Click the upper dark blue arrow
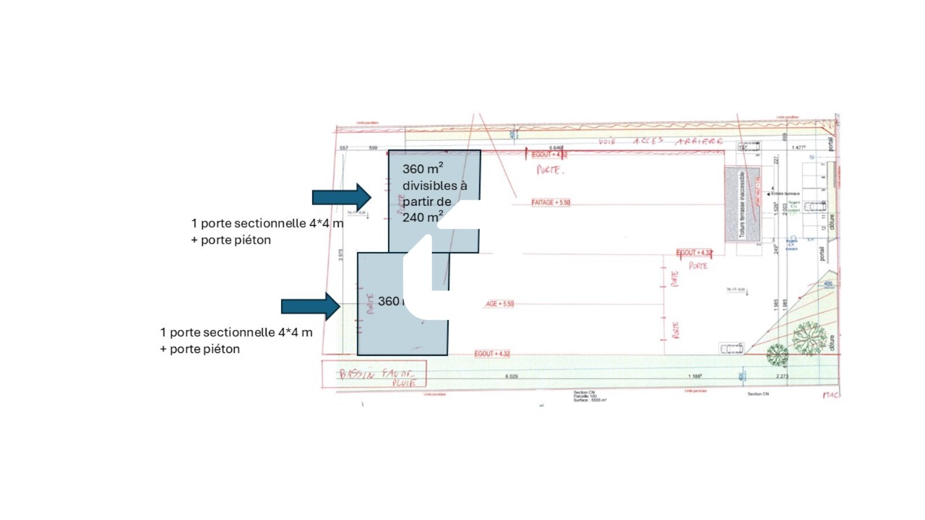(342, 197)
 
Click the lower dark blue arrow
(310, 306)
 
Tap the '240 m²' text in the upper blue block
(423, 217)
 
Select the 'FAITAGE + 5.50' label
(550, 202)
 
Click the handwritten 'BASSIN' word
(357, 374)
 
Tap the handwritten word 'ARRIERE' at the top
(699, 141)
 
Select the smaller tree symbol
(777, 354)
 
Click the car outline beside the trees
(731, 348)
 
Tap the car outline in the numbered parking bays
(815, 206)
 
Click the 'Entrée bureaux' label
(785, 194)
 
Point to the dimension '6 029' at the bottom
(512, 376)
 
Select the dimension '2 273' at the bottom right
(782, 376)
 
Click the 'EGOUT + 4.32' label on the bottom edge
(492, 354)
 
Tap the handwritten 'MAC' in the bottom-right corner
(831, 395)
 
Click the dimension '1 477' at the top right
(798, 148)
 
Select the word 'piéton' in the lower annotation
(221, 349)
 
